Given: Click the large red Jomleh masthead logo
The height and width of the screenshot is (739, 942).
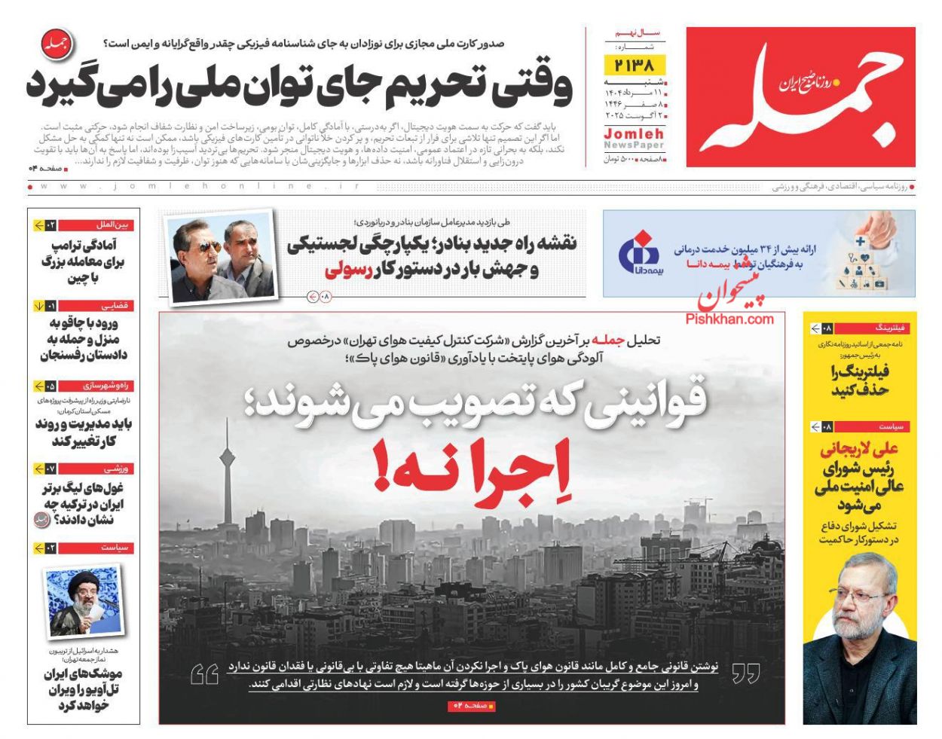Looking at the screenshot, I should tap(800, 97).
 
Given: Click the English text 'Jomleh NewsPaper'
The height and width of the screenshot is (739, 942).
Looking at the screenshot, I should tap(634, 139).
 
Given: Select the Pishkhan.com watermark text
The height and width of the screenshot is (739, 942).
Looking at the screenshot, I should tap(729, 319).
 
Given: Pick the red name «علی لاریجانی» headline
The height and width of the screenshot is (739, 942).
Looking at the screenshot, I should tap(859, 450).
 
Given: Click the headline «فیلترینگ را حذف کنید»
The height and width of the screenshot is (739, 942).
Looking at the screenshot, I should tap(860, 380).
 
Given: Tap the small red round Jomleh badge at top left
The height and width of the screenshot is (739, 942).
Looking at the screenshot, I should tap(54, 45).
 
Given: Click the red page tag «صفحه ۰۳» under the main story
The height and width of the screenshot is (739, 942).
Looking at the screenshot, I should tap(472, 706).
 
